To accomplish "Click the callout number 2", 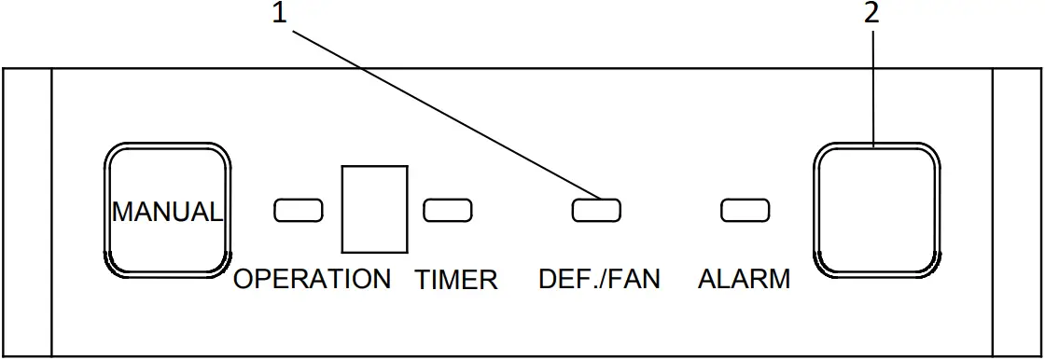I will click(x=873, y=13).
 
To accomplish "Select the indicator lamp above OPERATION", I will click(x=298, y=211).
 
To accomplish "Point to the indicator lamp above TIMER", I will click(x=447, y=211).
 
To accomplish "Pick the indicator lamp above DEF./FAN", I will click(x=597, y=211).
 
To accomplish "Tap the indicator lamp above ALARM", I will click(x=745, y=211).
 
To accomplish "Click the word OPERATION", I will click(x=312, y=279).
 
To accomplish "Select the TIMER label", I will click(x=456, y=279).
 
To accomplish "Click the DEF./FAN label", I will click(x=599, y=279).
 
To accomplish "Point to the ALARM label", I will click(x=744, y=279).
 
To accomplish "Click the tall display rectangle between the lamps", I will click(x=375, y=209).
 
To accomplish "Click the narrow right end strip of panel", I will click(x=1018, y=212).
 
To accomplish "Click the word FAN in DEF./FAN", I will click(x=634, y=279).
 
